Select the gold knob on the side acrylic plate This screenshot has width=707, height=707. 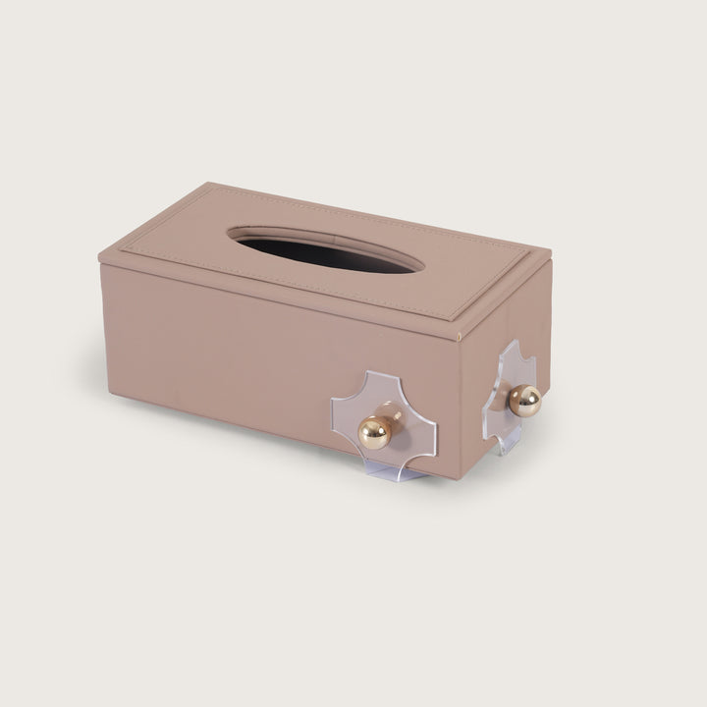point(525,399)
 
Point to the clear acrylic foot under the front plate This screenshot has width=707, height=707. point(397,472)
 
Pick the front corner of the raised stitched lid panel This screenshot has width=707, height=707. point(453,316)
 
